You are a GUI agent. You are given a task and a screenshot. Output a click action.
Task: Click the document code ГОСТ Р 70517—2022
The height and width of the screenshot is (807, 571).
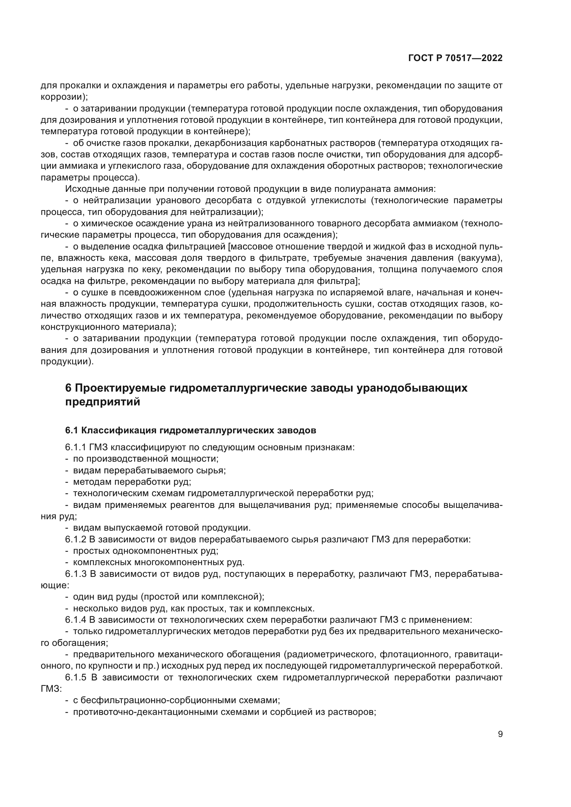455,58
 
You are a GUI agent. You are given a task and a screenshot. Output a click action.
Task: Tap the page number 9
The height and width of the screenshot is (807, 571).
500,734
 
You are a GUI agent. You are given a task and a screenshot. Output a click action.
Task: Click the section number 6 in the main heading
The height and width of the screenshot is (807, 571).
69,388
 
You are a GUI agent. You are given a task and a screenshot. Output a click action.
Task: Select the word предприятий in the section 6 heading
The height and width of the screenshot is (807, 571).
103,402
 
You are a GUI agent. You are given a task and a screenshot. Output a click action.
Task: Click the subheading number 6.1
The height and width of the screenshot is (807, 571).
71,430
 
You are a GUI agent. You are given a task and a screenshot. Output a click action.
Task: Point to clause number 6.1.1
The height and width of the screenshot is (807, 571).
75,447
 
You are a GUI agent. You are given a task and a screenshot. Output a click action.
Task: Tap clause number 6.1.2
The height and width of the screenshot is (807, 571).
76,540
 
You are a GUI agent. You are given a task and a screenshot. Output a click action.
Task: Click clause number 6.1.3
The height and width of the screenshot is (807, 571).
76,574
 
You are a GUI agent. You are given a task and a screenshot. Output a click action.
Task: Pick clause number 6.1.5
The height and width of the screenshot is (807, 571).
76,677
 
